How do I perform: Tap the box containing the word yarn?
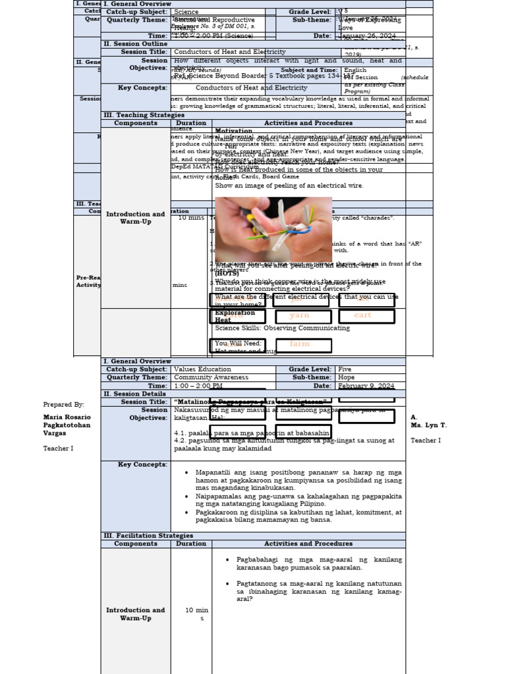299,315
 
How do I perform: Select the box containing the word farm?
299,344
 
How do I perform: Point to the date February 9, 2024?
366,386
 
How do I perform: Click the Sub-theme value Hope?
346,378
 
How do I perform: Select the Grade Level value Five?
346,369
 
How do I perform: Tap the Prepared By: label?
64,405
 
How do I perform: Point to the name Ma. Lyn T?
428,425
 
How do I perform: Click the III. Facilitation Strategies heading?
148,536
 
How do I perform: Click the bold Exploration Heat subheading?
235,317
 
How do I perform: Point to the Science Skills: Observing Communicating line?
282,328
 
